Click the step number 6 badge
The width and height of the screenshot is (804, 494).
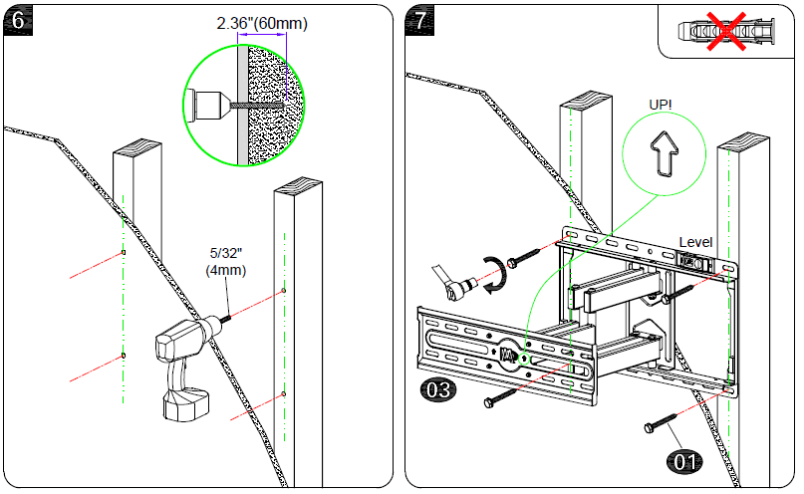19,20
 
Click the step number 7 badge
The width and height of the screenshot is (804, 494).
421,20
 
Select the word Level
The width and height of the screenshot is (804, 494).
696,242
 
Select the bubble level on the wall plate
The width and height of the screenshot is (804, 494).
696,262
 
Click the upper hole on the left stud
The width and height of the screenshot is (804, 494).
122,255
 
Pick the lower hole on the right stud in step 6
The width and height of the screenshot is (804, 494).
284,394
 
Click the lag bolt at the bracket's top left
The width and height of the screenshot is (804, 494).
522,262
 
